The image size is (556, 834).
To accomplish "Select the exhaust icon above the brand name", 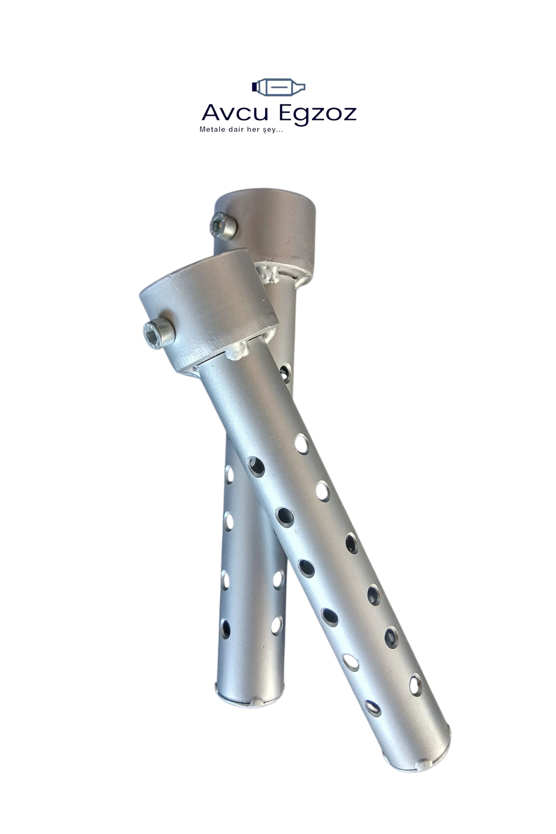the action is tap(278, 87).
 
